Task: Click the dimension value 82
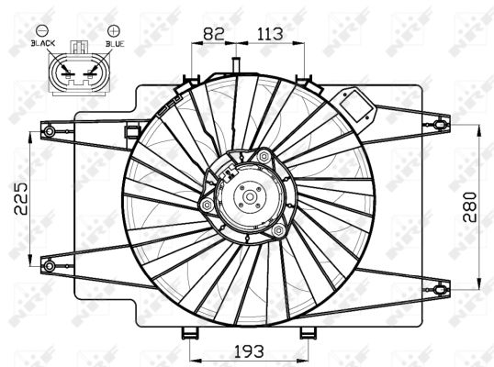pyautogui.click(x=213, y=33)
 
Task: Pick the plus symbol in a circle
pyautogui.click(x=112, y=31)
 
